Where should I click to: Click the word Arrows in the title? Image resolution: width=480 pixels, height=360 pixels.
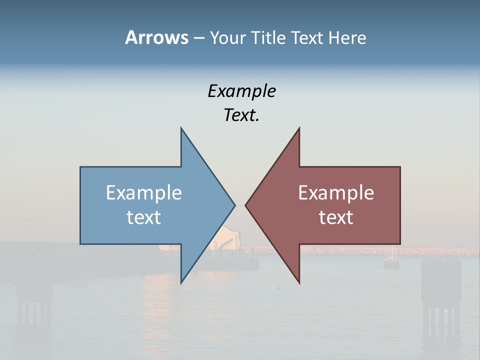156,37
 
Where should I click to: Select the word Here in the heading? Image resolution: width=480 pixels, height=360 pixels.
347,37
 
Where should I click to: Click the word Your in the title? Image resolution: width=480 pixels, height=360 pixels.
228,37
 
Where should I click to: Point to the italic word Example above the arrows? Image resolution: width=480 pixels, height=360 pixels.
241,91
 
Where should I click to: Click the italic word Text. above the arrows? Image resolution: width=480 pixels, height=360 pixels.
241,115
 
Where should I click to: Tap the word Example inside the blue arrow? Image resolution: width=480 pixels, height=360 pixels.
144,193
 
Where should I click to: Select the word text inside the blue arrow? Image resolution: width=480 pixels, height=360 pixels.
144,217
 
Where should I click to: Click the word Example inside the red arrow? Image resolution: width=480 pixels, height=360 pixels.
336,193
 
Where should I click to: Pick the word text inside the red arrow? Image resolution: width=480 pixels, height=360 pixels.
336,217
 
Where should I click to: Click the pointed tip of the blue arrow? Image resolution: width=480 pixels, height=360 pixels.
234,205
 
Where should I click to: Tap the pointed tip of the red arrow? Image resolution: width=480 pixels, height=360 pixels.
246,205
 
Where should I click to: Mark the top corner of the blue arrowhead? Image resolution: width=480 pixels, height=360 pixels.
181,129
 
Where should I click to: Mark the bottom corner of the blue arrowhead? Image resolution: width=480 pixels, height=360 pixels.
181,282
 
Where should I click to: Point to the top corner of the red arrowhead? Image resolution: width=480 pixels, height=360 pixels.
299,129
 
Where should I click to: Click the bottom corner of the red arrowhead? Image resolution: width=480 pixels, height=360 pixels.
299,282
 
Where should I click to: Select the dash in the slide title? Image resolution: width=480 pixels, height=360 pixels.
198,38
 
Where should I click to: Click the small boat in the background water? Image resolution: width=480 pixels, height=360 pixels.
391,261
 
